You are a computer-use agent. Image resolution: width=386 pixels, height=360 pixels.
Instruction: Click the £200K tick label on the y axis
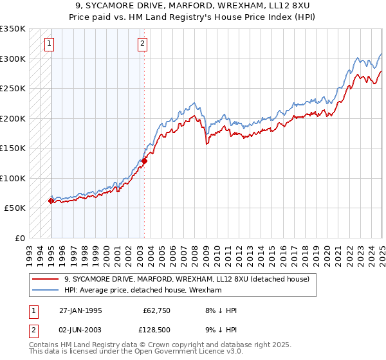pyautogui.click(x=12, y=118)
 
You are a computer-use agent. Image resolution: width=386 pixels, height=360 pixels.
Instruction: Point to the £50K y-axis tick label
pyautogui.click(x=14, y=208)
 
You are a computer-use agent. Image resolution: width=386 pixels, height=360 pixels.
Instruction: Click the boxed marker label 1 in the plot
pyautogui.click(x=50, y=44)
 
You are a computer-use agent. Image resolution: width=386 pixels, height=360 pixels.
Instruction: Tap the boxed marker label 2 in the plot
pyautogui.click(x=142, y=44)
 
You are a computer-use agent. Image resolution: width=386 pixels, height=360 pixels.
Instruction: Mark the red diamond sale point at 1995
pyautogui.click(x=51, y=201)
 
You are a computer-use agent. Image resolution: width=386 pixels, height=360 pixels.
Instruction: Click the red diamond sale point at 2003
pyautogui.click(x=144, y=161)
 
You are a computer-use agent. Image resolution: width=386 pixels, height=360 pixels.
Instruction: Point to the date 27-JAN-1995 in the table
pyautogui.click(x=80, y=310)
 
